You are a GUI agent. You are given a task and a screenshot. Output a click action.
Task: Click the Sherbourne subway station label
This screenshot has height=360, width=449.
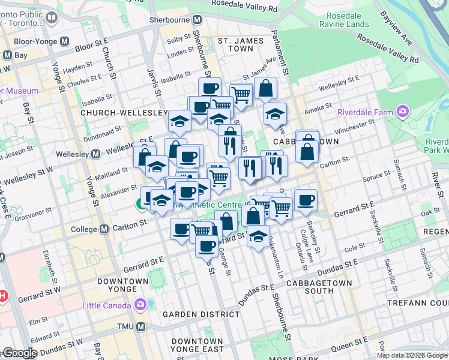point(169,19)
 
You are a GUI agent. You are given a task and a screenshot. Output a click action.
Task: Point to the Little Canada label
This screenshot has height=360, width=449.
point(106,305)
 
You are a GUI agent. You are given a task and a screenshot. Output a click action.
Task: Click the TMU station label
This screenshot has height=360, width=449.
point(125,327)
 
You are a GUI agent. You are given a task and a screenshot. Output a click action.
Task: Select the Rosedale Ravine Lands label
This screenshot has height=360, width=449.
point(341,19)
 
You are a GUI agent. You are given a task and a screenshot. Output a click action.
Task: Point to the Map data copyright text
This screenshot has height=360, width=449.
point(411,356)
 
